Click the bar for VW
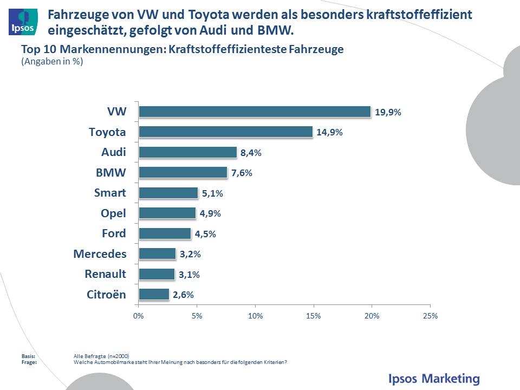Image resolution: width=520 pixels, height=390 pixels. coord(255,112)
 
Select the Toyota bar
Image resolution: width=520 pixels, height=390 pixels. coord(225,132)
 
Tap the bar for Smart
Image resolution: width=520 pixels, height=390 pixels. coord(168,193)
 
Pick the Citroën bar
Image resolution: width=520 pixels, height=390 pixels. coord(154,294)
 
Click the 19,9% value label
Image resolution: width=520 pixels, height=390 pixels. coord(388,112)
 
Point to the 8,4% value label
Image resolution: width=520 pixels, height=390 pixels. coord(251,153)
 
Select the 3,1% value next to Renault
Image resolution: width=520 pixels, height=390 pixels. coord(190,275)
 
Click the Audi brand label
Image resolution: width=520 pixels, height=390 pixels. coord(113,152)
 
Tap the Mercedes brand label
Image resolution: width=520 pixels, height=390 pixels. coord(100,253)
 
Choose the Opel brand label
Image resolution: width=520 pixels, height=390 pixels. coord(113,213)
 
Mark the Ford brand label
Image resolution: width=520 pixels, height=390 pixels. coord(114,233)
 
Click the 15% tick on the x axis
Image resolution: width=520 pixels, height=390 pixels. coord(314,316)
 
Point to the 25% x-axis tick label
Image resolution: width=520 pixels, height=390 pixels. coord(430,316)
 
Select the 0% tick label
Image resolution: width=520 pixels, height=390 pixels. coord(139,316)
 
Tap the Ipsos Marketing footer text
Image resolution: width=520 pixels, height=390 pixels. coord(434,378)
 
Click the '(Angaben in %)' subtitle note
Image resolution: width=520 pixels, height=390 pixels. coord(52,61)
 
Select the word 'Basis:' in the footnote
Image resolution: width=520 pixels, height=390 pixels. coord(28,356)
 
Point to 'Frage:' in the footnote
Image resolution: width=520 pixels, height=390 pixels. coord(29,362)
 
